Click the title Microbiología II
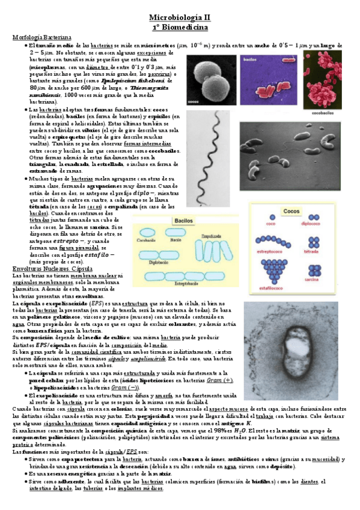(179, 19)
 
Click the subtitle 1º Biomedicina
(179, 28)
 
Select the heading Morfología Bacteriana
(37, 37)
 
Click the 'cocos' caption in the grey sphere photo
(195, 103)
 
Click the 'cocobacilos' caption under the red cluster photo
(329, 112)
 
